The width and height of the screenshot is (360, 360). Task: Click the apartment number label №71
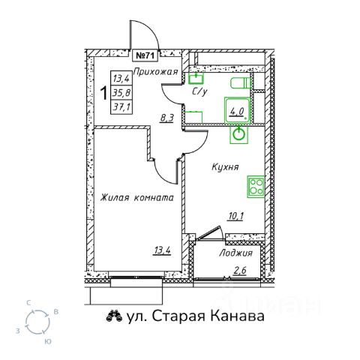tap(145, 55)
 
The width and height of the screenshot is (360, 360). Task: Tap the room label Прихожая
tap(155, 72)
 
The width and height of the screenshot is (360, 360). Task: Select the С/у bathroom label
tap(199, 92)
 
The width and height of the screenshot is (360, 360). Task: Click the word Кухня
tap(225, 166)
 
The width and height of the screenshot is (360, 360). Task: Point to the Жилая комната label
tap(136, 198)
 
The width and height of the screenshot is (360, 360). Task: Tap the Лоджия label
tap(235, 253)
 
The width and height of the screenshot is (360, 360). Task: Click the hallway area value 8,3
tap(167, 118)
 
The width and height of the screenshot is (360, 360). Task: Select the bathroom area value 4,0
tap(237, 111)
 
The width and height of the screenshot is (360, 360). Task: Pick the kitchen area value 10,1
tap(235, 216)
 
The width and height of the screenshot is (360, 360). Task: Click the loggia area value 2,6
tap(239, 271)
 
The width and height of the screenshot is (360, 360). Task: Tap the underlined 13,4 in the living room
tap(162, 250)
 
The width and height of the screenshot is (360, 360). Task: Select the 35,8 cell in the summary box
tap(121, 93)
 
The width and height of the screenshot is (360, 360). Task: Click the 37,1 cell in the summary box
tap(121, 107)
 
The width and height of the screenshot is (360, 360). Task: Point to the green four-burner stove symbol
tap(256, 187)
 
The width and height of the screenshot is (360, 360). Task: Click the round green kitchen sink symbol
tap(239, 134)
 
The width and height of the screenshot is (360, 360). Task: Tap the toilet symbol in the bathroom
tap(241, 83)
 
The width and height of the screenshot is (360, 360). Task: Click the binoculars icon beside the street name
tap(114, 316)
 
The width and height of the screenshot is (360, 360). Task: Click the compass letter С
tap(29, 303)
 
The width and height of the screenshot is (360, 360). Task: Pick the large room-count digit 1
tap(104, 93)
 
